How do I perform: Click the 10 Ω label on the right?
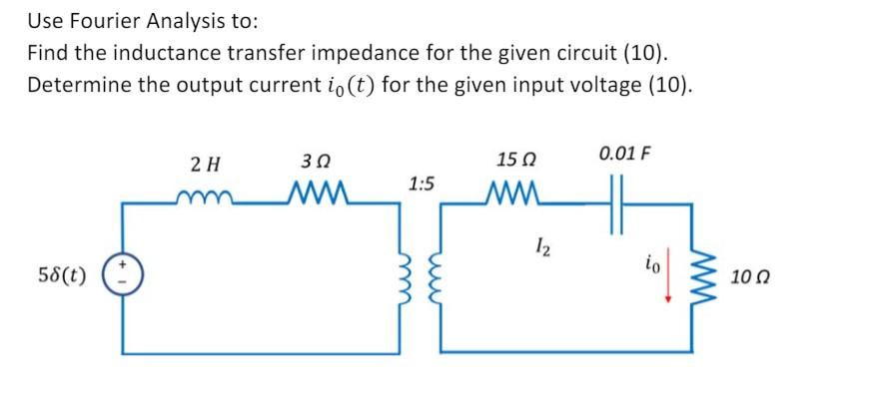(x=748, y=273)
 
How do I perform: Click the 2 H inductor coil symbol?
(x=206, y=194)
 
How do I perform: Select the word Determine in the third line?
(x=79, y=85)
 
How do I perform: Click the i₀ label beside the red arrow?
(x=650, y=265)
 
